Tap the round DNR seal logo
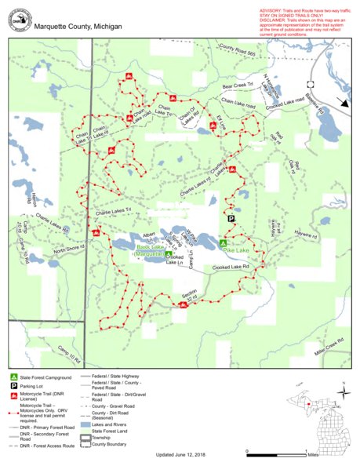(x=18, y=22)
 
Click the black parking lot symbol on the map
(x=231, y=220)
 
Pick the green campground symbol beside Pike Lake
(x=223, y=244)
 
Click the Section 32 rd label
(x=187, y=297)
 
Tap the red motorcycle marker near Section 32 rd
(x=182, y=306)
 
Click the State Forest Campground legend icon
(x=14, y=377)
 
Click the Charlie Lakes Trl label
(x=116, y=213)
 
